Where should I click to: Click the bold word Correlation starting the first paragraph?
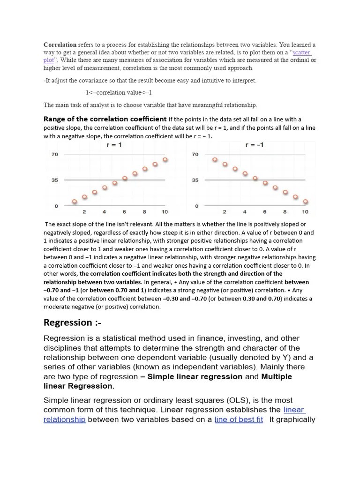pyautogui.click(x=60, y=45)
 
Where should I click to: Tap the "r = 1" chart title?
pyautogui.click(x=114, y=145)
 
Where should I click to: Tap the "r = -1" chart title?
pyautogui.click(x=255, y=145)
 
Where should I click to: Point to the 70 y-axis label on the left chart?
pyautogui.click(x=54, y=154)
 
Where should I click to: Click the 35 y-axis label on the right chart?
pyautogui.click(x=195, y=180)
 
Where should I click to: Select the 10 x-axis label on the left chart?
pyautogui.click(x=165, y=212)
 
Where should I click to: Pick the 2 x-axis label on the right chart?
pyautogui.click(x=225, y=212)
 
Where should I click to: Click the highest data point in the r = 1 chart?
pyautogui.click(x=165, y=160)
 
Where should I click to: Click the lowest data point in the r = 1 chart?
pyautogui.click(x=74, y=202)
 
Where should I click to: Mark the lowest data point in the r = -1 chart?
pyautogui.click(x=306, y=202)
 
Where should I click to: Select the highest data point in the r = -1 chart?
pyautogui.click(x=215, y=160)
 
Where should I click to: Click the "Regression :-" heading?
pyautogui.click(x=72, y=322)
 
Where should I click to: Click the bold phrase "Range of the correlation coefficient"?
pyautogui.click(x=105, y=119)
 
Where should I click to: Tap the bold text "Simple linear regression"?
pyautogui.click(x=195, y=376)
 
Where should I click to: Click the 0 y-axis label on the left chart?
pyautogui.click(x=56, y=206)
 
